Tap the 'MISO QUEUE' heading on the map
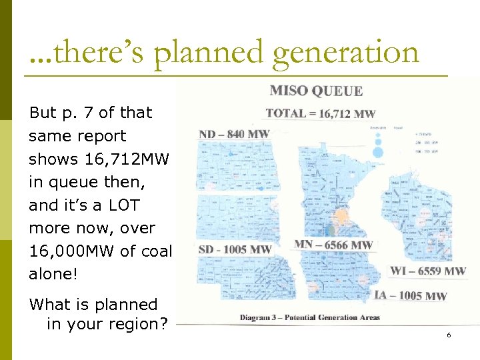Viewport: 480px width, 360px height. click(316, 91)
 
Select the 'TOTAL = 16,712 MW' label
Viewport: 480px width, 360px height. click(320, 114)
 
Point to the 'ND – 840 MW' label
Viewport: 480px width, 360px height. click(234, 134)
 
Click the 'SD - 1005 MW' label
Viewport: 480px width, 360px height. click(235, 249)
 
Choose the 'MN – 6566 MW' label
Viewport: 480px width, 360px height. click(333, 245)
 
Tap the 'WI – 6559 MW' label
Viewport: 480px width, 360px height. click(427, 271)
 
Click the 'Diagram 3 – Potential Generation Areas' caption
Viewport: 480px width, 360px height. click(310, 317)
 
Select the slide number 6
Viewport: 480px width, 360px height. click(449, 335)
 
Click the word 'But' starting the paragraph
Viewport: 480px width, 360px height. click(43, 113)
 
